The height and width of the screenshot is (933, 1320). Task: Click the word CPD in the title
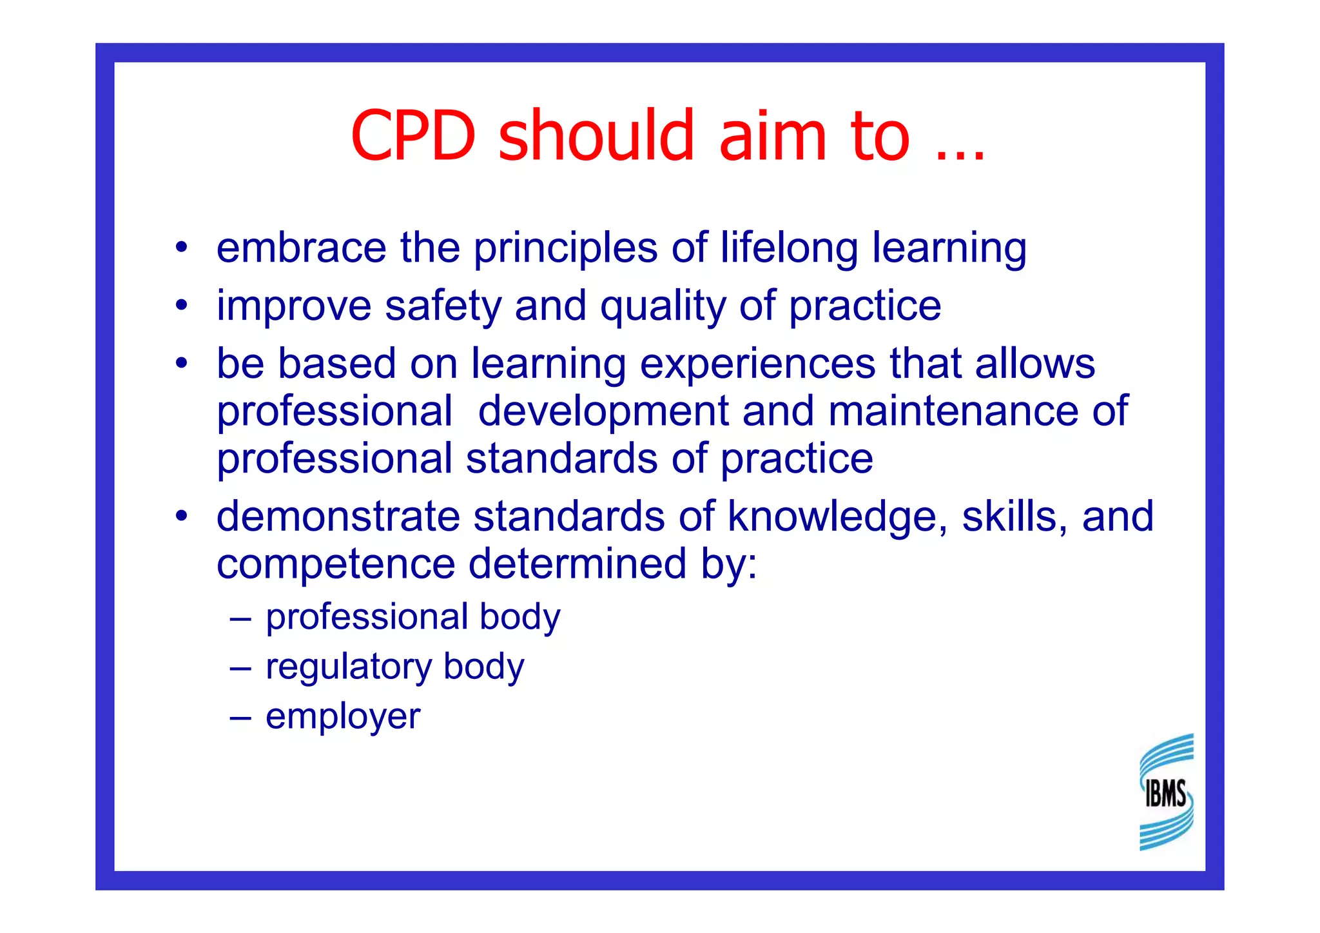(413, 136)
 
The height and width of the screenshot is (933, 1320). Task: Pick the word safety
(443, 306)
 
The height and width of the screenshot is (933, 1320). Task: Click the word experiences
(757, 364)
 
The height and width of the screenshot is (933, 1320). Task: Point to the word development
(603, 412)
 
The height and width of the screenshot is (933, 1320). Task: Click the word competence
(336, 565)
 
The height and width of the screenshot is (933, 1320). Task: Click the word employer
(343, 717)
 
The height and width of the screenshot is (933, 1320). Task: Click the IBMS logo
(1166, 792)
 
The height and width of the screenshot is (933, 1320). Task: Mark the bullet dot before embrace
(182, 247)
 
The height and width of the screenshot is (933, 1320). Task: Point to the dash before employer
(240, 716)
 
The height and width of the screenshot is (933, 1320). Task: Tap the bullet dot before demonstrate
(182, 516)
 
